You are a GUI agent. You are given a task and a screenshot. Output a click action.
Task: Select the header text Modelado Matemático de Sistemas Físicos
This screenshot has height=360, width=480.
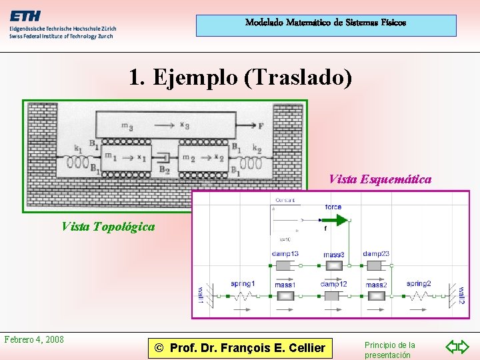tap(325, 23)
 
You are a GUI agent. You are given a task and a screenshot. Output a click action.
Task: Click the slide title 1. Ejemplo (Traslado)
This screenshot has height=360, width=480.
tap(240, 78)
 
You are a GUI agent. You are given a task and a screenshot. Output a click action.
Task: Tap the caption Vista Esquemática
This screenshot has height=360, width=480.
tap(380, 179)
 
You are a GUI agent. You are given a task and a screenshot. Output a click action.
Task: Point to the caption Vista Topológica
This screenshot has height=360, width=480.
tap(108, 227)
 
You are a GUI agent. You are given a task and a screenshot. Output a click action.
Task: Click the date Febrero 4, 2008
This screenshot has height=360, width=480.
tap(34, 339)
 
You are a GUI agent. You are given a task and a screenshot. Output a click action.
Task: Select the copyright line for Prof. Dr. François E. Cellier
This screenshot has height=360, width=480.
tap(240, 347)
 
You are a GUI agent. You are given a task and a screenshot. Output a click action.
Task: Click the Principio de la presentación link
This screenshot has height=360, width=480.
tap(389, 350)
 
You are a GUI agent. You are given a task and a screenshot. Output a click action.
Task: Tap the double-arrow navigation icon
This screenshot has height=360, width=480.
tap(457, 347)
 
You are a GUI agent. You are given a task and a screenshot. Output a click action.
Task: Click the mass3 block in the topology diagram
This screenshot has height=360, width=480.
tap(333, 265)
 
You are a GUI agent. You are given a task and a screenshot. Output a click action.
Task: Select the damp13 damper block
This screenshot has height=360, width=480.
tap(285, 265)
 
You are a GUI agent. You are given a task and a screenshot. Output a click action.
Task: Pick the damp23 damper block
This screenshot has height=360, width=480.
tap(375, 265)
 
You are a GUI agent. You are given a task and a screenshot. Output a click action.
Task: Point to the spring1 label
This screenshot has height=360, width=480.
tap(242, 284)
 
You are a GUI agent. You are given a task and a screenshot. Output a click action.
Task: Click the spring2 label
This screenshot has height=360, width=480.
tap(419, 284)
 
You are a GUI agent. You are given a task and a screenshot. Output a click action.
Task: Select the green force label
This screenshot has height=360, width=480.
tap(333, 207)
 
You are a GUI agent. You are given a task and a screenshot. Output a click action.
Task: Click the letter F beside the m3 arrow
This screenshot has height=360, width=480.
tap(261, 125)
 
